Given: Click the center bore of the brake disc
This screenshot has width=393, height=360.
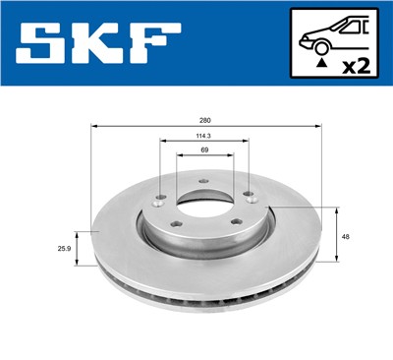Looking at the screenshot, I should [204, 208].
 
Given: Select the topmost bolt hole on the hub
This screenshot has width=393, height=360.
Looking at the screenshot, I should [202, 181].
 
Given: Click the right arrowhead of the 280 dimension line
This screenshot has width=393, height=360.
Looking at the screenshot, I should [320, 126].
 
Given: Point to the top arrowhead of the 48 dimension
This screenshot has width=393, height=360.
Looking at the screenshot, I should [337, 210].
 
